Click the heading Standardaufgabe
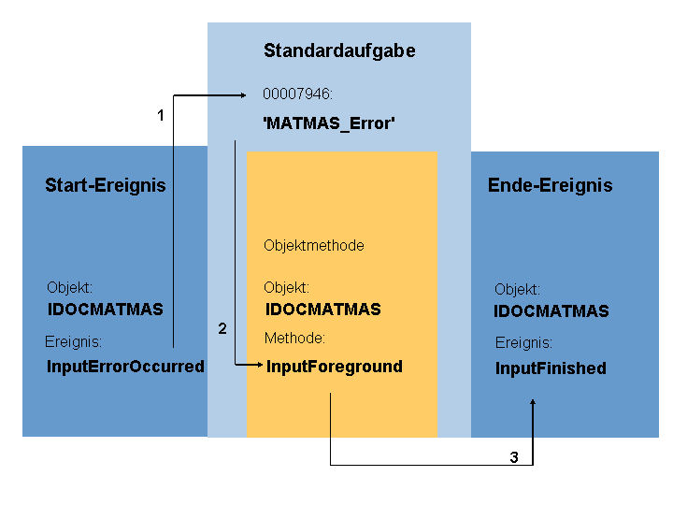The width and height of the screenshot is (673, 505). click(339, 51)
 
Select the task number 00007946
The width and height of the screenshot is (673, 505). click(297, 94)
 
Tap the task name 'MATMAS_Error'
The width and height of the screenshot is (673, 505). click(329, 123)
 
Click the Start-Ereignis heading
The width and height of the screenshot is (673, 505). click(106, 185)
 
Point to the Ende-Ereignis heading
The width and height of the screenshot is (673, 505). click(551, 185)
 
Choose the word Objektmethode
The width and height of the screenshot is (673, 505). click(314, 246)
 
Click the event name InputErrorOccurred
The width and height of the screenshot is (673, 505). click(125, 367)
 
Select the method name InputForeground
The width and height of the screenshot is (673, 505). click(335, 367)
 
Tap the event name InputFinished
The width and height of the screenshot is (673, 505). click(551, 368)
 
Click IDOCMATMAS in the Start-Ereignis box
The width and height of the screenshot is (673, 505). click(105, 310)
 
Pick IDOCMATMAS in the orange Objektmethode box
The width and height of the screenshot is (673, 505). click(322, 310)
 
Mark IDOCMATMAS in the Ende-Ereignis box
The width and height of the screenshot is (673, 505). click(551, 310)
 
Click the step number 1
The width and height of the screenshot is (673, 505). click(161, 115)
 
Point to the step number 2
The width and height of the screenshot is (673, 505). click(222, 328)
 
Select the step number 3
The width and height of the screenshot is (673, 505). click(514, 457)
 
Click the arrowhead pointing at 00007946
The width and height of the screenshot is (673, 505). click(243, 94)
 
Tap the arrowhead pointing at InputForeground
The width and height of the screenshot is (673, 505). click(260, 365)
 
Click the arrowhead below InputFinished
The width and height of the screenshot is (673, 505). click(533, 402)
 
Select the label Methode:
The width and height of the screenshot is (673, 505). click(294, 338)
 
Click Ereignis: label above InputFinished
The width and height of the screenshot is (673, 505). click(523, 342)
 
